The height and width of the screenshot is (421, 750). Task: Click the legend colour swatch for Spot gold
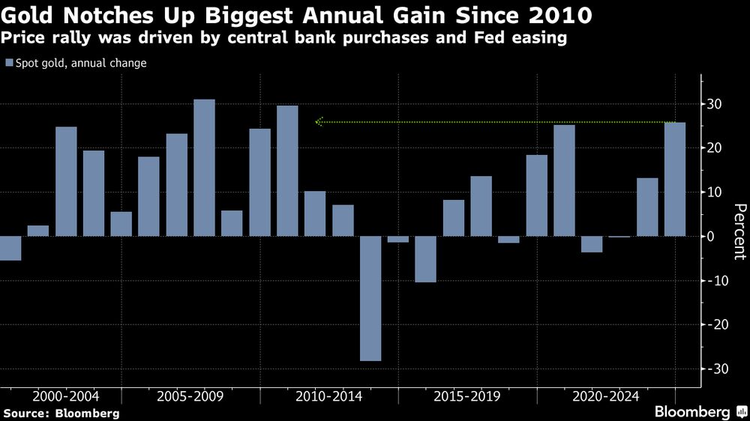pyautogui.click(x=9, y=64)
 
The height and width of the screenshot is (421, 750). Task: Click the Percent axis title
pyautogui.click(x=739, y=231)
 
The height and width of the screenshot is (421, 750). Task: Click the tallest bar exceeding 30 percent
pyautogui.click(x=204, y=168)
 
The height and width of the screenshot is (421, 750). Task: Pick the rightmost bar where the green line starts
pyautogui.click(x=675, y=180)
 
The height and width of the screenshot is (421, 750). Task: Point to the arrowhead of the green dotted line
pyautogui.click(x=319, y=121)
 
